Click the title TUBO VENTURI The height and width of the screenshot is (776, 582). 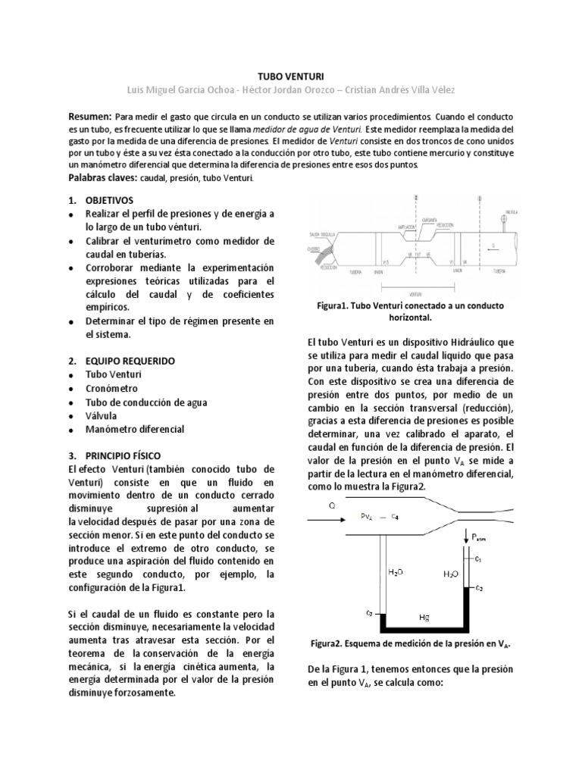[x=290, y=77]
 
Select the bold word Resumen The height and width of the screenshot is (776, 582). [x=89, y=117]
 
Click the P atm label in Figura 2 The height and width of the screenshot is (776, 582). [x=480, y=537]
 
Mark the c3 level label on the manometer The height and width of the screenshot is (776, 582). [x=368, y=612]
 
